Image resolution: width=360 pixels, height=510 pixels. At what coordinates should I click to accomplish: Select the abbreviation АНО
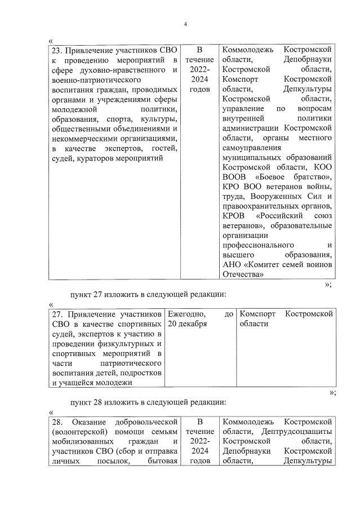coord(233,265)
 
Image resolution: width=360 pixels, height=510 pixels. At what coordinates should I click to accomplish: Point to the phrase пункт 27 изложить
coord(104,294)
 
